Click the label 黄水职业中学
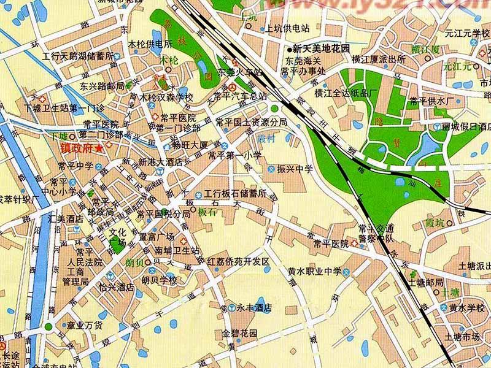pos(314,270)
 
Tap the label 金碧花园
pos(239,334)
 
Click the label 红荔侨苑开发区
pos(238,262)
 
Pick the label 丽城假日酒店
pos(467,126)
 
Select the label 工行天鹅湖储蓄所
pos(78,56)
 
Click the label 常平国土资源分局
pos(251,122)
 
